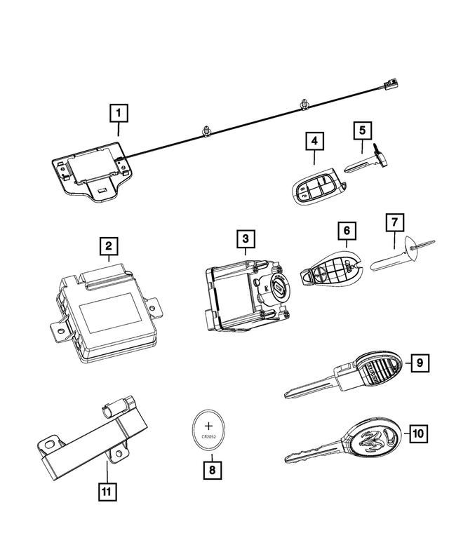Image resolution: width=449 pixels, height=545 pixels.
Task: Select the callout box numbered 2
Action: tap(109, 246)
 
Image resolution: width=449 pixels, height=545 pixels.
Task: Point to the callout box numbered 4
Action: tap(315, 141)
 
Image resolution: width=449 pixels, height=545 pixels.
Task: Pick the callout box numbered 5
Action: tap(362, 130)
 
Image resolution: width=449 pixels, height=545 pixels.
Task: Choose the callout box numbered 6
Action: tap(346, 229)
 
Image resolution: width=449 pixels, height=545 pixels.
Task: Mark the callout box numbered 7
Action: tap(394, 224)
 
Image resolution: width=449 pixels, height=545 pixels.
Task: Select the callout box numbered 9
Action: tap(418, 362)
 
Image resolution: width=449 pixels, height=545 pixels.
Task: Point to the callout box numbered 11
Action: tap(106, 492)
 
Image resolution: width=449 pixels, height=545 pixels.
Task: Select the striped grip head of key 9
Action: tap(379, 367)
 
